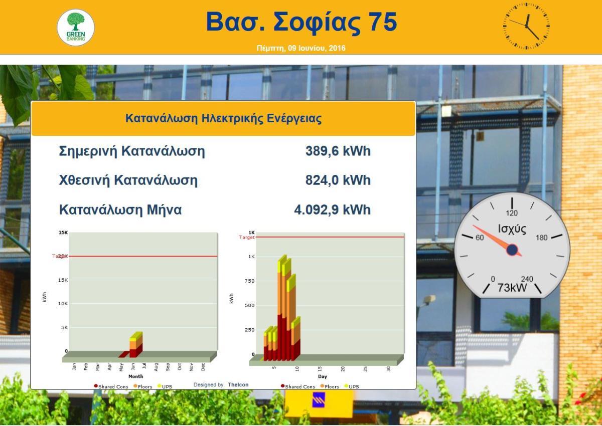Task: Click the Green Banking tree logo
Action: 76,28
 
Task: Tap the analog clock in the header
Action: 526,26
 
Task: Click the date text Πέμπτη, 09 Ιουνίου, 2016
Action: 301,48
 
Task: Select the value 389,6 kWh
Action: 338,151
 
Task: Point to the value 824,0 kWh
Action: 338,180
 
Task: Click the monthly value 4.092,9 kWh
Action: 333,209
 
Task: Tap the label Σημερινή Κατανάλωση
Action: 132,151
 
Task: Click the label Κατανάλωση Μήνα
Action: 120,209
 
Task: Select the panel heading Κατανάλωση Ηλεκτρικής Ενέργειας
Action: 223,118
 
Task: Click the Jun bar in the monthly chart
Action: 136,345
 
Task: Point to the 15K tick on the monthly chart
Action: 63,280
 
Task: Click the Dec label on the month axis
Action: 203,367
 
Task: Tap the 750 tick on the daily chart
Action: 249,281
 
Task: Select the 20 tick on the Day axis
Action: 343,369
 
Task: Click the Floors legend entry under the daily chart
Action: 330,386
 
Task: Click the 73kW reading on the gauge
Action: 512,288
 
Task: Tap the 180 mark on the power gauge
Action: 541,238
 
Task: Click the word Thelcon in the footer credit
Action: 238,385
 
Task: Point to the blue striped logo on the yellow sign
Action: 319,400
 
